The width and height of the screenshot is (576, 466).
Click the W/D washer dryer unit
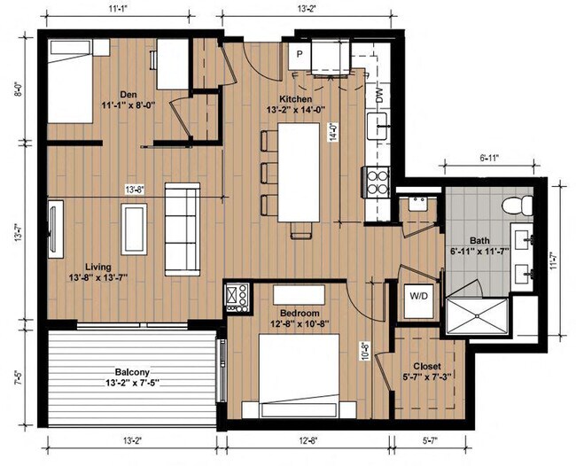pos(418,301)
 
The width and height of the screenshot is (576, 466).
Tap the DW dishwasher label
pos(380,95)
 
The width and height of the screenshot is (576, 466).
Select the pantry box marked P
pos(300,55)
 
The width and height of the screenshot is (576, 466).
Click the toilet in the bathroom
pos(518,206)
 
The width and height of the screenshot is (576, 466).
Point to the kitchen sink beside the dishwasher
pos(377,126)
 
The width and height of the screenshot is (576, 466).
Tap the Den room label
pos(128,95)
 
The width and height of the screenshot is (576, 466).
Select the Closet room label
pos(427,366)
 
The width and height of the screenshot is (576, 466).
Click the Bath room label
pos(479,240)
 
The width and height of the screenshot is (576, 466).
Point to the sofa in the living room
pos(183,229)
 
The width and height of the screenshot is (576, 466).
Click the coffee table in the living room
pos(134,229)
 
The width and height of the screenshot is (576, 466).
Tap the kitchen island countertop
pos(299,172)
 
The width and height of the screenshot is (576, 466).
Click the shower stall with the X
pos(477,316)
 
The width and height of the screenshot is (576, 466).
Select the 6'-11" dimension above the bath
pos(489,159)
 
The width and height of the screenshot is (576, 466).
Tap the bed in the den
pos(70,82)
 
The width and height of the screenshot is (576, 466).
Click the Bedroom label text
pos(300,314)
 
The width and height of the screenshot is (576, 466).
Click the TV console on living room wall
pos(56,229)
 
